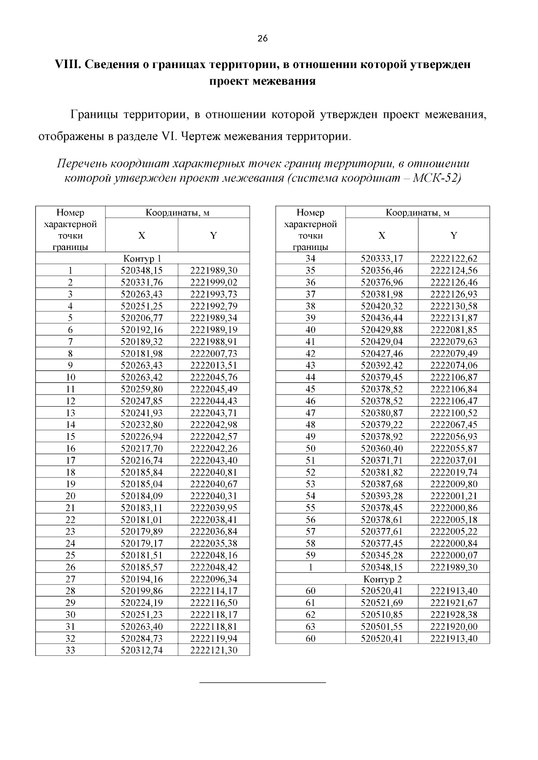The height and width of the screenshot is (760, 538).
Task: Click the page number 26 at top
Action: click(263, 39)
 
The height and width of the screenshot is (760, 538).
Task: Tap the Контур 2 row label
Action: click(382, 579)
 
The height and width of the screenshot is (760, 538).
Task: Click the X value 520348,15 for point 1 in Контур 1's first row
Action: click(142, 271)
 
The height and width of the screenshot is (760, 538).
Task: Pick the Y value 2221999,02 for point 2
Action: click(214, 282)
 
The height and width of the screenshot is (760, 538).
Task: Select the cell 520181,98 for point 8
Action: click(142, 353)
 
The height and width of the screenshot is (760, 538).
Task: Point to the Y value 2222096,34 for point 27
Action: click(214, 579)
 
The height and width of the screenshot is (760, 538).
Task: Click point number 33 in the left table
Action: click(70, 650)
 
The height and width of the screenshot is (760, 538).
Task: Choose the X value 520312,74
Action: click(142, 650)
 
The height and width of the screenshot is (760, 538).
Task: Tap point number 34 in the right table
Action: click(310, 258)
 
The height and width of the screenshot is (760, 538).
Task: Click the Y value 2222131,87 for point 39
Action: click(454, 318)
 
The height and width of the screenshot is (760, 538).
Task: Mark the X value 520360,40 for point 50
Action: click(382, 448)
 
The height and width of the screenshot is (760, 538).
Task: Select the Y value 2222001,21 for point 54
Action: click(454, 496)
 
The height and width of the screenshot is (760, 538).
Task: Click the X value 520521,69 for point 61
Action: click(382, 603)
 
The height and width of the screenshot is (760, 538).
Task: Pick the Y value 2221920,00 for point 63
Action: click(454, 627)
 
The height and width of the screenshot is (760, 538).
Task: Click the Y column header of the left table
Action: click(214, 235)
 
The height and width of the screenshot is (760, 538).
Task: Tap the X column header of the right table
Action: click(382, 235)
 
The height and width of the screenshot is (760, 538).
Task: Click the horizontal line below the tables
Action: click(262, 683)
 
